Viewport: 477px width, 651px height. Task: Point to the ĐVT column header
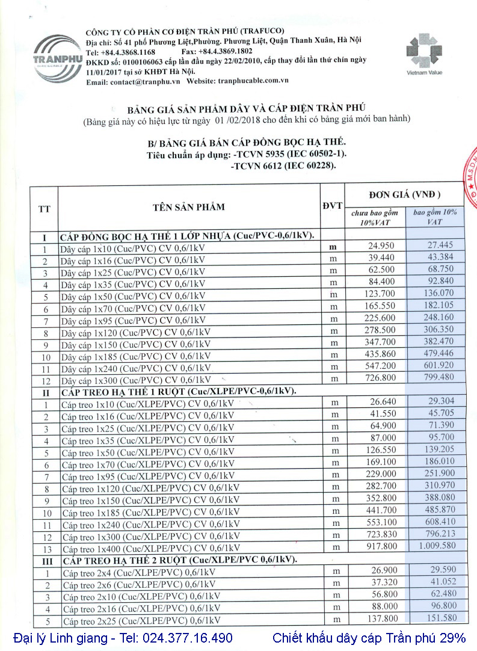(332, 206)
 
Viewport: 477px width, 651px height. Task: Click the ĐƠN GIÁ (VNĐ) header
(404, 194)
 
